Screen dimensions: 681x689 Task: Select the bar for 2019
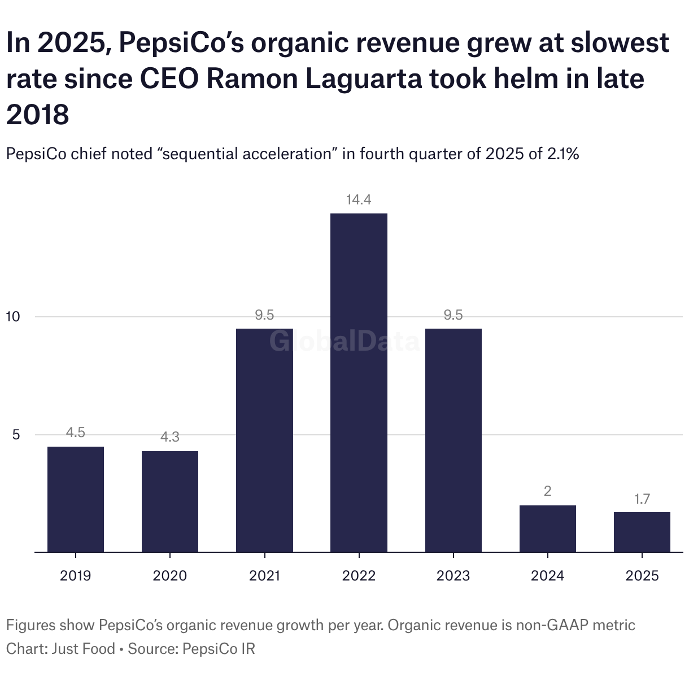76,499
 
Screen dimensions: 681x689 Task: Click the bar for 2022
359,382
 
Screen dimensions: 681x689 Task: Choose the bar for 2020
170,501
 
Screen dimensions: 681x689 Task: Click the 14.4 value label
359,200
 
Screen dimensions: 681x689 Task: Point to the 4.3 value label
170,437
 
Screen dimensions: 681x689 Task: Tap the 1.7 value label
642,499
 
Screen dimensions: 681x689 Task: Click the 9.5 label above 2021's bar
264,315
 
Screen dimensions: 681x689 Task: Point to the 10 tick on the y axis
13,317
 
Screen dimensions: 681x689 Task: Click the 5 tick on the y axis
16,435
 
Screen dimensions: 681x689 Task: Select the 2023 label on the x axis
453,575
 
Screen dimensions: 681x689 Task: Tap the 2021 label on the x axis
264,575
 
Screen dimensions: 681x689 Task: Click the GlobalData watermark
344,342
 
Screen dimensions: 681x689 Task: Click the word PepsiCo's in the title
181,43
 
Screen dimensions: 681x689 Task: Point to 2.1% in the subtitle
563,154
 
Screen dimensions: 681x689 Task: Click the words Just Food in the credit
83,649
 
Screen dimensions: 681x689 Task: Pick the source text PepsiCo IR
219,649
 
